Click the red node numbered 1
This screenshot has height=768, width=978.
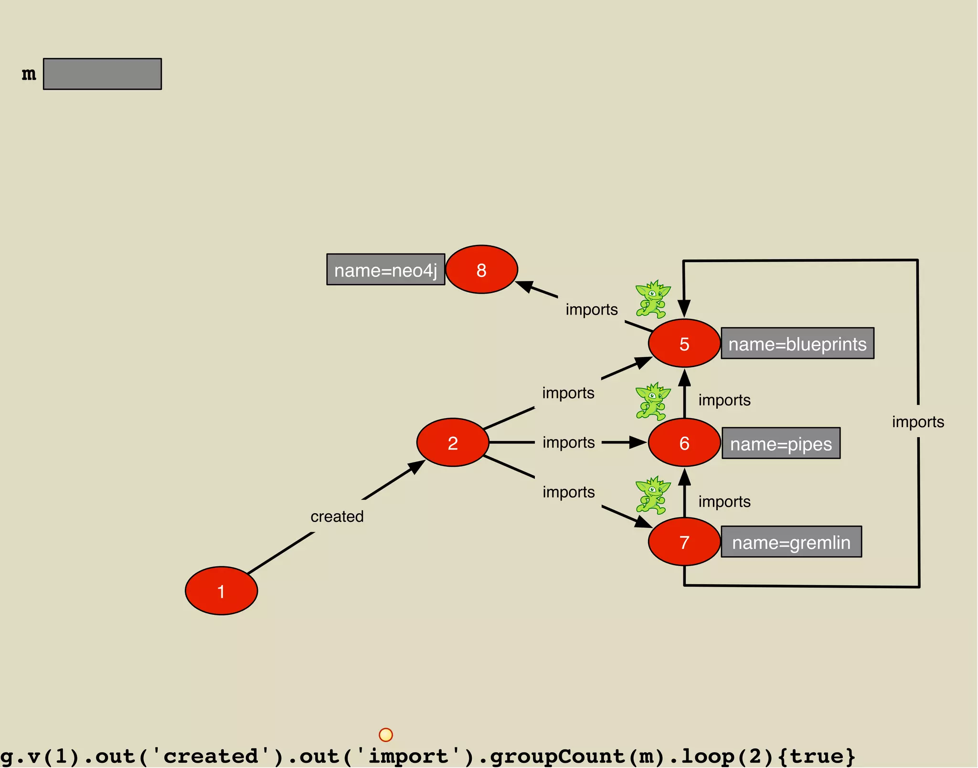coord(221,591)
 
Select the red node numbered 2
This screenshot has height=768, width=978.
coord(453,442)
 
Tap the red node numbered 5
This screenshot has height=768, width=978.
coord(684,343)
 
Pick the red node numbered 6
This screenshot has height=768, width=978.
coord(684,442)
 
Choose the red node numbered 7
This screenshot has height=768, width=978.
coord(684,542)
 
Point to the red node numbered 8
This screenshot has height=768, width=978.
coord(481,270)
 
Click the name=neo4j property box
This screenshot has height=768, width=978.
coord(385,270)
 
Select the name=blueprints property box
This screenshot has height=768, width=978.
coord(797,343)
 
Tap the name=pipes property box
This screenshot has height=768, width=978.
coord(781,443)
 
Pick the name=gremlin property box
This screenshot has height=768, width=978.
coord(791,542)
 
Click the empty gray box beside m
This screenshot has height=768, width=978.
coord(102,74)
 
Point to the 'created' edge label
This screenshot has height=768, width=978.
coord(337,516)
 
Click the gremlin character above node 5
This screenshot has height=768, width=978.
coord(652,299)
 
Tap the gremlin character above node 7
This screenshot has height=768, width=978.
coord(652,495)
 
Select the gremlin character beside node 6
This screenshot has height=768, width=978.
coord(652,401)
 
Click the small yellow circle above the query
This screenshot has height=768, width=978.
coord(385,735)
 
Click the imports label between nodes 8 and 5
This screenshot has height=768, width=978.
coord(592,310)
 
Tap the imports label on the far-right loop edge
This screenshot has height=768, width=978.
coord(918,422)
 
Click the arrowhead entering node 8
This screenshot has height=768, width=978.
coord(525,286)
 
